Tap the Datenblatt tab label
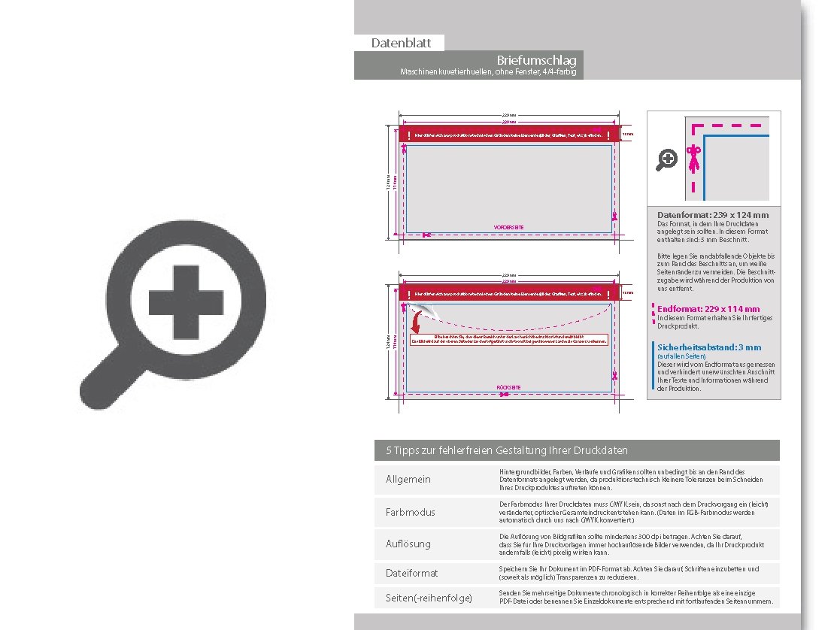point(399,44)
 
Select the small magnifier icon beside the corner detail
point(667,159)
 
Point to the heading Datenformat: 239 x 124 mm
point(713,215)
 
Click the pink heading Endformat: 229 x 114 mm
point(708,309)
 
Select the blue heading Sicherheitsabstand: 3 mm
point(709,347)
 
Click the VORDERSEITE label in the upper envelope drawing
point(508,227)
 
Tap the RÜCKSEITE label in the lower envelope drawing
point(509,387)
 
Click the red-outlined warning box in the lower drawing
point(508,339)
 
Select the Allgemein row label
point(408,480)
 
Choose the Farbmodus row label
point(411,512)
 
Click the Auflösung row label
point(408,543)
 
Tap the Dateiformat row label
point(411,573)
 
